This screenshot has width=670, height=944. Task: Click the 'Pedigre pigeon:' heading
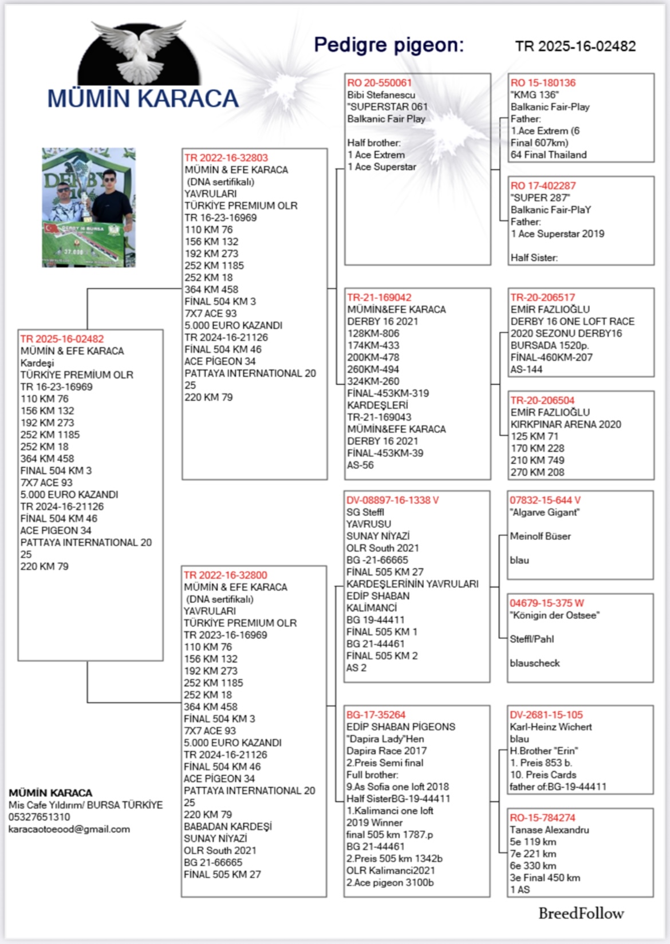[x=389, y=45]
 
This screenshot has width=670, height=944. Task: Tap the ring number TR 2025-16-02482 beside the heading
[x=575, y=46]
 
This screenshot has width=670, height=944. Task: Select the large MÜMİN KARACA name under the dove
[x=143, y=98]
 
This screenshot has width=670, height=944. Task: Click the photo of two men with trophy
[x=89, y=208]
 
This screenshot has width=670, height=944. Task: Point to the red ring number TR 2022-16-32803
[x=226, y=157]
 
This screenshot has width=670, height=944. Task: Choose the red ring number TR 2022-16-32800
[x=225, y=575]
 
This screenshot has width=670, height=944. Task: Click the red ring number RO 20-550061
[x=379, y=82]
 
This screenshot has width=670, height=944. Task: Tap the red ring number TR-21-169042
[x=379, y=297]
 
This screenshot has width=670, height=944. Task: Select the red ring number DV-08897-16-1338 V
[x=392, y=500]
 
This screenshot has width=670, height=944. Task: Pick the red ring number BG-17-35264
[x=376, y=714]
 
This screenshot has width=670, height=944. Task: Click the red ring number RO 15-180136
[x=543, y=82]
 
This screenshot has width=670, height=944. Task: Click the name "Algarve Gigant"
[x=545, y=512]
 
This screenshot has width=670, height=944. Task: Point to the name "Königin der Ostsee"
[x=554, y=615]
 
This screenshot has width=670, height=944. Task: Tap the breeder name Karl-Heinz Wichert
[x=551, y=726]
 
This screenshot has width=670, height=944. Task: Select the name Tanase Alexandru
[x=549, y=830]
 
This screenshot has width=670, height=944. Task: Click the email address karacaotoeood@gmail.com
[x=69, y=829]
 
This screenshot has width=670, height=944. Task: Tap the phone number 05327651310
[x=39, y=817]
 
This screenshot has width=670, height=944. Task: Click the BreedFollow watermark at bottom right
[x=581, y=913]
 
